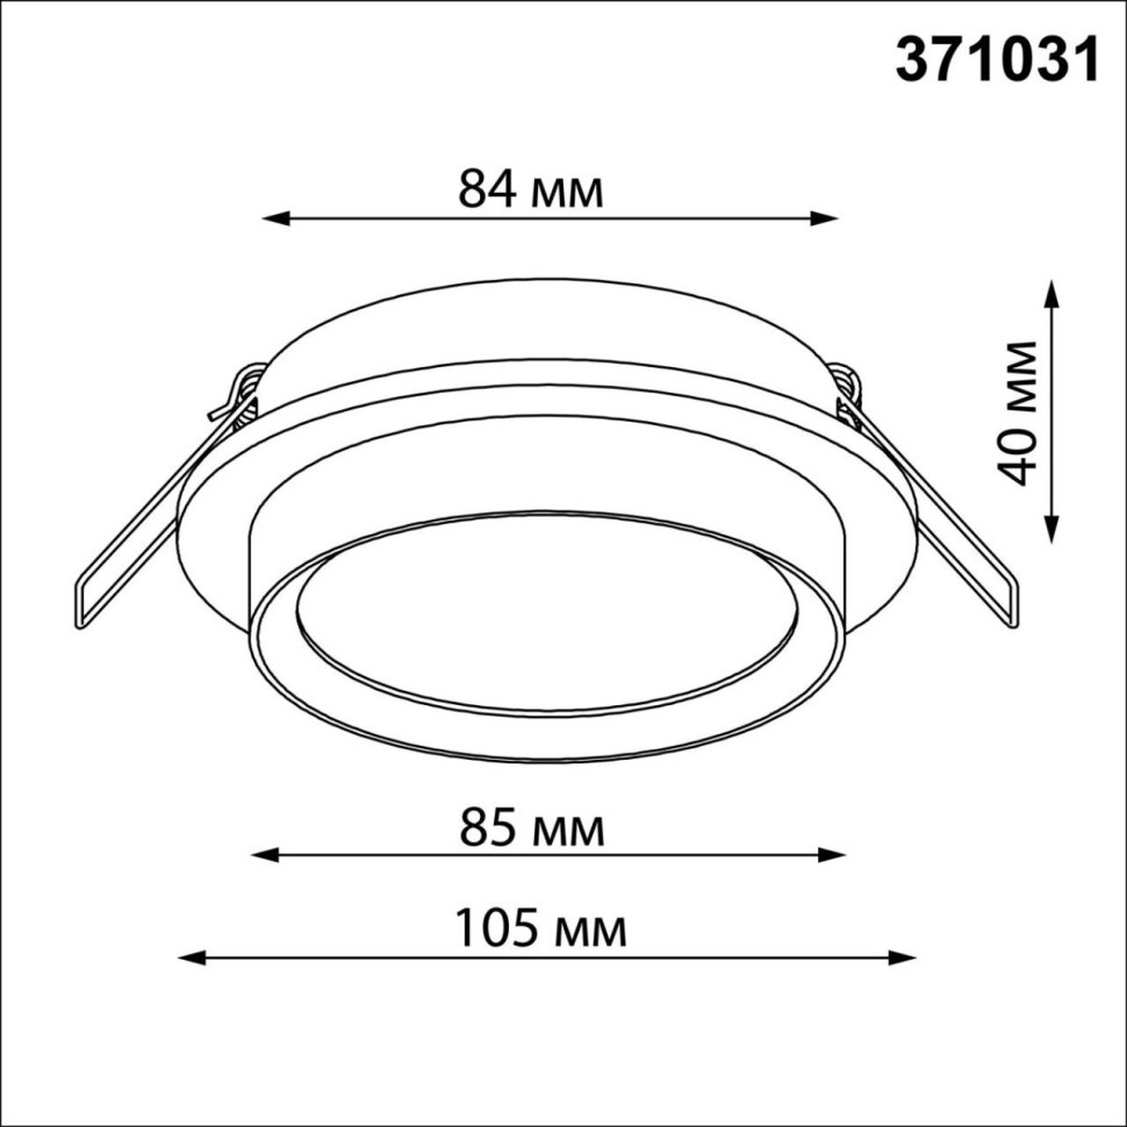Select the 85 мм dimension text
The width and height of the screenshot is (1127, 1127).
532,829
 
